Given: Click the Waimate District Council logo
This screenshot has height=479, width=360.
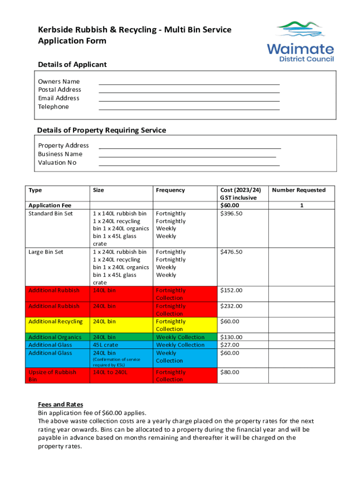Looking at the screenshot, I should (x=300, y=41).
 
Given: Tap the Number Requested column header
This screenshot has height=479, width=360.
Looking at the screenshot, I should (x=299, y=190).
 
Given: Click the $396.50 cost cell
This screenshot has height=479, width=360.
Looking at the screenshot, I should (x=231, y=213).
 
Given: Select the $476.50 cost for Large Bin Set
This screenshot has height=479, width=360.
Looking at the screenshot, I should (x=231, y=252).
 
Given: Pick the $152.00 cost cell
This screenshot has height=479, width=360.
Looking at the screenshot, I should (x=231, y=290).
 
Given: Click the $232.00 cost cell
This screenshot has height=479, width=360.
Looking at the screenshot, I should (x=231, y=306).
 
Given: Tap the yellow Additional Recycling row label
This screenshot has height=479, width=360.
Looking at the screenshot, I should (x=55, y=321).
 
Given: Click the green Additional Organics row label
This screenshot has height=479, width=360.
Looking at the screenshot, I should (x=55, y=337).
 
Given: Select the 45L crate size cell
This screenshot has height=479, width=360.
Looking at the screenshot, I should (x=105, y=345).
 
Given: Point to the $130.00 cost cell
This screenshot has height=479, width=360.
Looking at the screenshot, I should (x=231, y=337).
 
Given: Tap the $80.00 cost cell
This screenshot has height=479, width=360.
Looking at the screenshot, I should (x=230, y=372).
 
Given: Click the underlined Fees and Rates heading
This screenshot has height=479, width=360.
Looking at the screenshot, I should (x=60, y=405).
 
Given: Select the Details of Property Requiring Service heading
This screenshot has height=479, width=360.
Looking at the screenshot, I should (x=101, y=130).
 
